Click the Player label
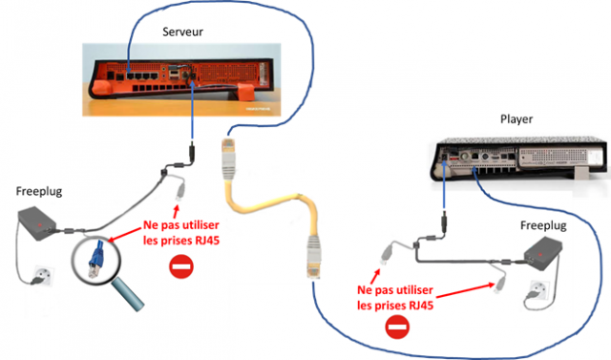coord(516,119)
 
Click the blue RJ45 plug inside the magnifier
coord(97,253)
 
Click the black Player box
coord(520,157)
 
